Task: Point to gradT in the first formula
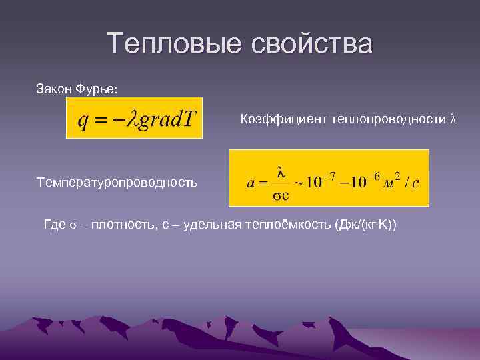(166, 119)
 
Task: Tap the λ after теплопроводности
(453, 119)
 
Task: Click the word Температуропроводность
(117, 181)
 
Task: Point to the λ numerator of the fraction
(281, 172)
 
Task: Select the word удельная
(207, 225)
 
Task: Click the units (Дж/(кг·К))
(361, 225)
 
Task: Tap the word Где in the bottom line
(55, 225)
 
